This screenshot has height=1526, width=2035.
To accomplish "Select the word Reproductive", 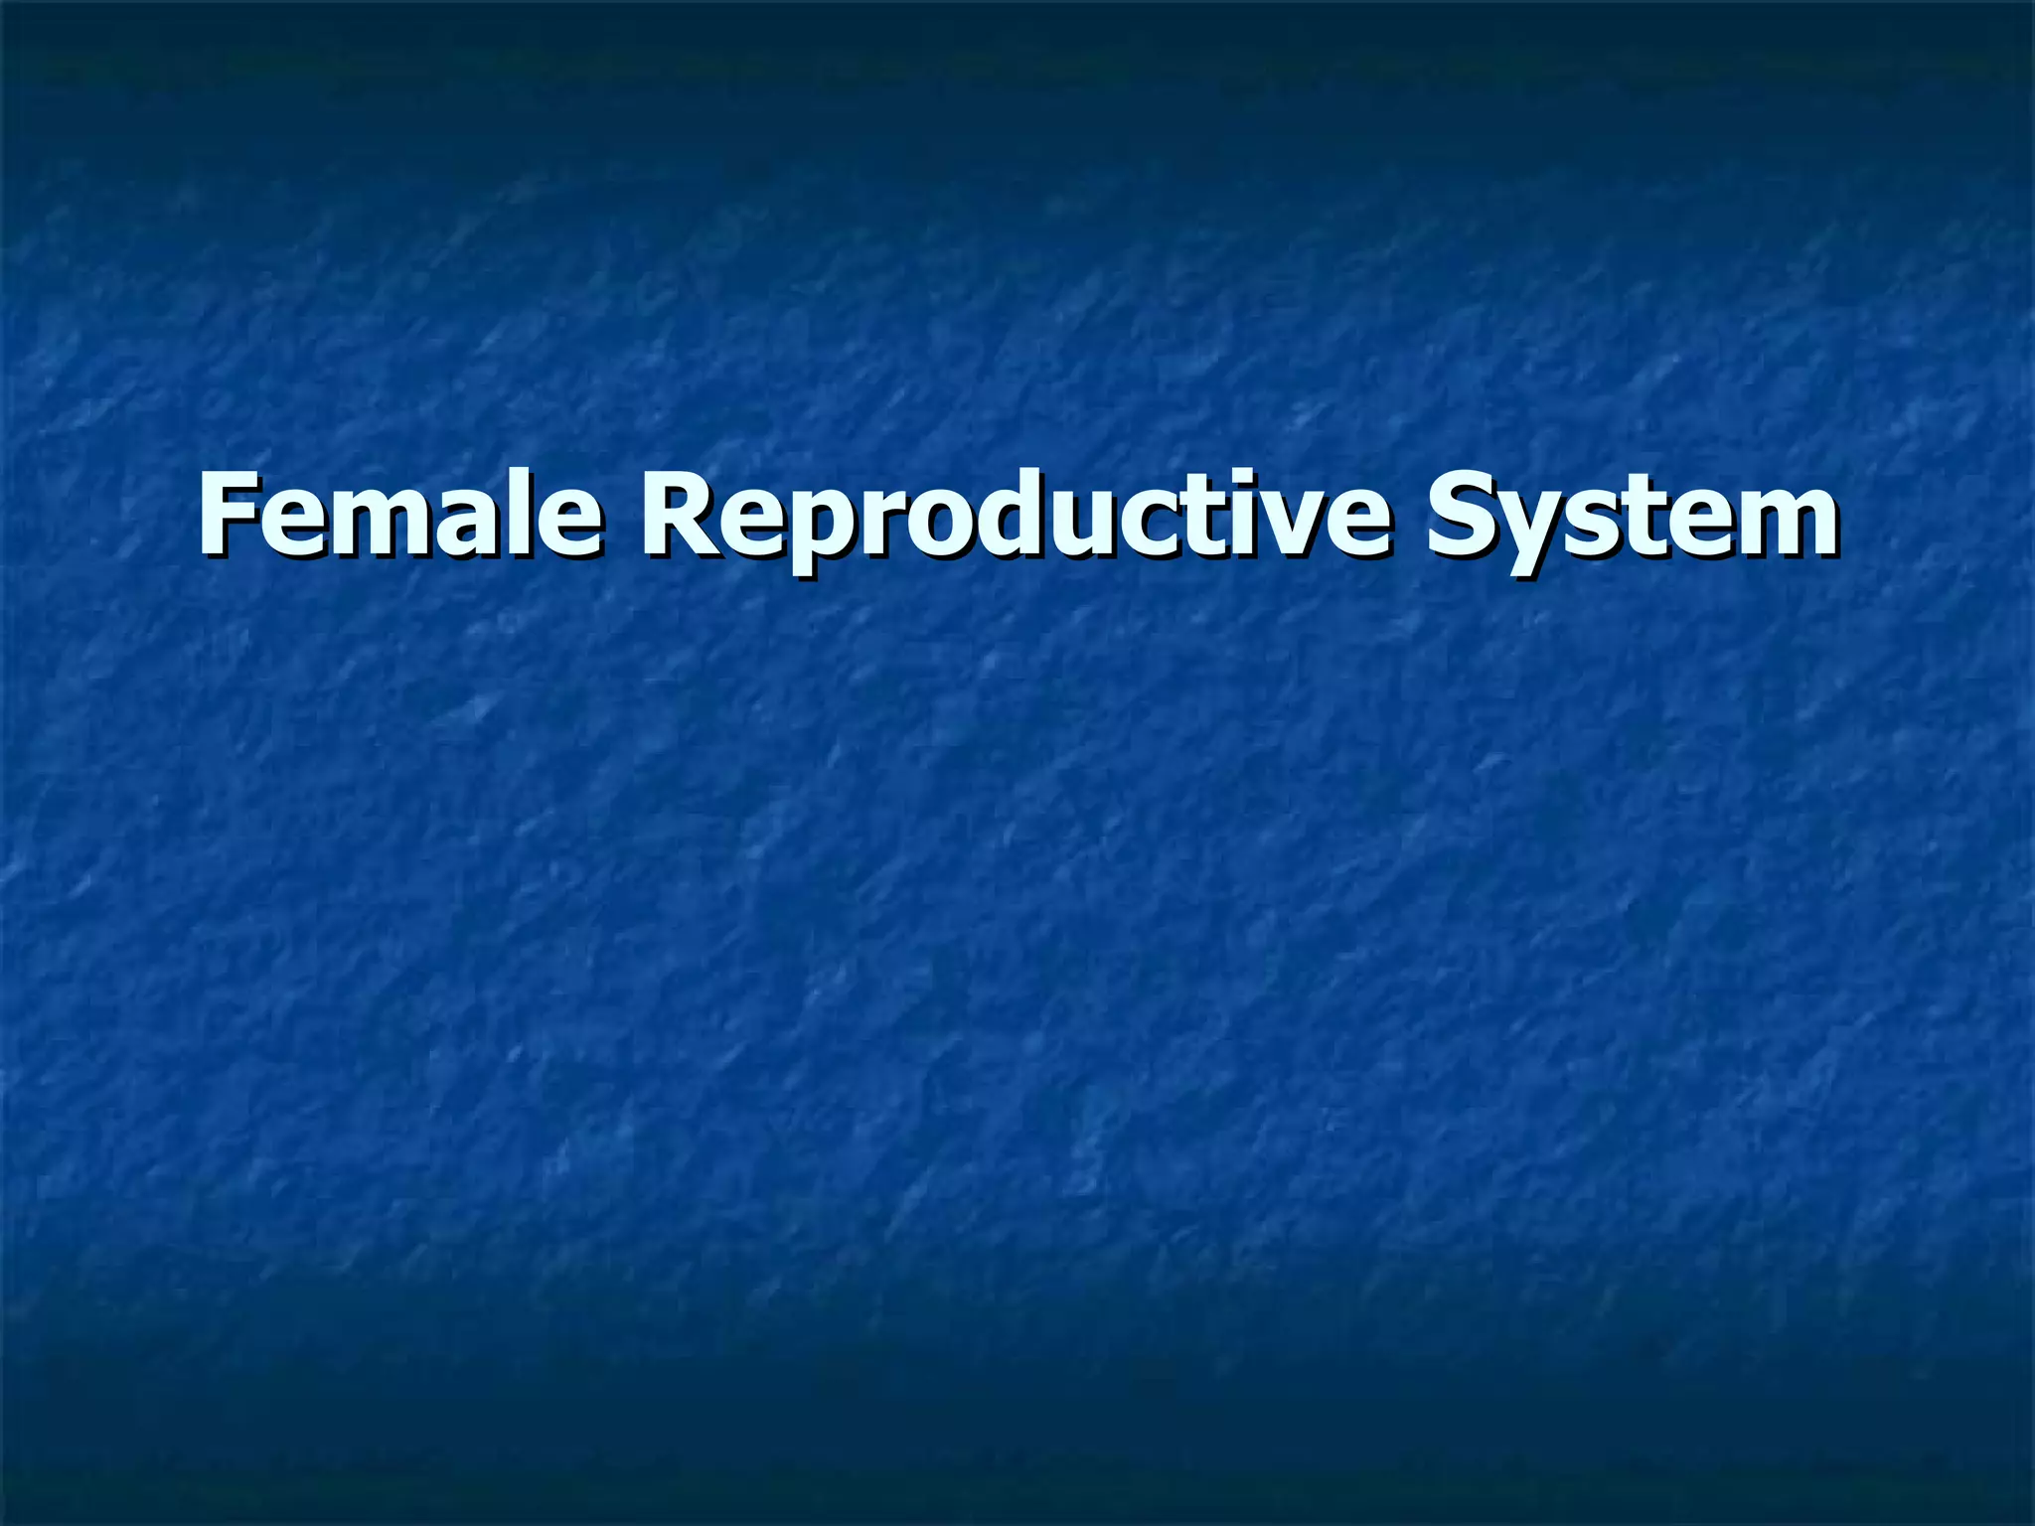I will [1014, 517].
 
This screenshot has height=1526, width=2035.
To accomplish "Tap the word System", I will [1631, 517].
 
